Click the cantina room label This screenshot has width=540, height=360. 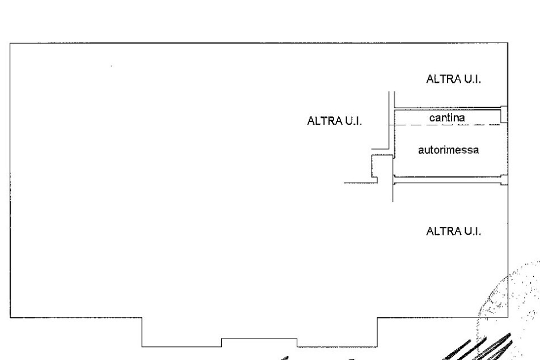pyautogui.click(x=447, y=118)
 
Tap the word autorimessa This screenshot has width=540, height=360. pyautogui.click(x=448, y=150)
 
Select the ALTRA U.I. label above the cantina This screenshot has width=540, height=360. pyautogui.click(x=454, y=79)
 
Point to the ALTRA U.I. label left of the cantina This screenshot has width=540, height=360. pyautogui.click(x=335, y=121)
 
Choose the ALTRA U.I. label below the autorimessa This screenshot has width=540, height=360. pyautogui.click(x=454, y=231)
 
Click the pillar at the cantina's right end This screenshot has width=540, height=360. pyautogui.click(x=504, y=115)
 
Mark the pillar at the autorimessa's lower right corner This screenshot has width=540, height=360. pyautogui.click(x=504, y=180)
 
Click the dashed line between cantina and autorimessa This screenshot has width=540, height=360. pyautogui.click(x=448, y=125)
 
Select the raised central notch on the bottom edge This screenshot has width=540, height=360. pyautogui.click(x=259, y=338)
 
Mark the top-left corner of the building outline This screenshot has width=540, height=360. pyautogui.click(x=10, y=43)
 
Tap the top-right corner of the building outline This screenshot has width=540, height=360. pyautogui.click(x=508, y=43)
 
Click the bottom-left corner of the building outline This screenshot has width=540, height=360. pyautogui.click(x=10, y=317)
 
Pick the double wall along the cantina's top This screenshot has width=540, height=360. pyautogui.click(x=448, y=109)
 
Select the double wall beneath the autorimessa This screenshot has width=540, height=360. pyautogui.click(x=448, y=180)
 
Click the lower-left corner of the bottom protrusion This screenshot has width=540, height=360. pyautogui.click(x=142, y=346)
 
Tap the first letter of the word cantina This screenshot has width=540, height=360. pyautogui.click(x=432, y=118)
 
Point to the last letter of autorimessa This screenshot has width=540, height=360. pyautogui.click(x=476, y=151)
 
